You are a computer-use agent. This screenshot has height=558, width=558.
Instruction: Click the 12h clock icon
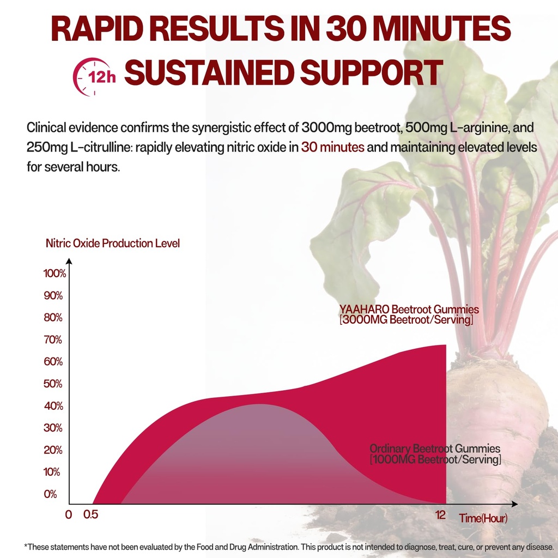click(96, 76)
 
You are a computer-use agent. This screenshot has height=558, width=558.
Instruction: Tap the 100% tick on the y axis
click(54, 274)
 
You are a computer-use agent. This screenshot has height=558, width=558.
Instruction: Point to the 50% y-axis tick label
click(53, 384)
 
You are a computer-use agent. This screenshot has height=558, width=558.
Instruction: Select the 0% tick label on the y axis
click(51, 494)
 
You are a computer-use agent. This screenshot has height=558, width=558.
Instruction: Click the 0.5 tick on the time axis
click(90, 515)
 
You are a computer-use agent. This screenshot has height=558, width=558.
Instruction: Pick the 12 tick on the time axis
click(440, 515)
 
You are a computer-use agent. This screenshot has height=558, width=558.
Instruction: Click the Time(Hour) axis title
click(483, 518)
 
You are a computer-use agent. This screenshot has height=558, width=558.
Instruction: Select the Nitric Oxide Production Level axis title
click(113, 243)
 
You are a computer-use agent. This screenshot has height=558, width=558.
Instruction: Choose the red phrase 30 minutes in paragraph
click(332, 148)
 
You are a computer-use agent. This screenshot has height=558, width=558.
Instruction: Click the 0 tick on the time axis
click(68, 515)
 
